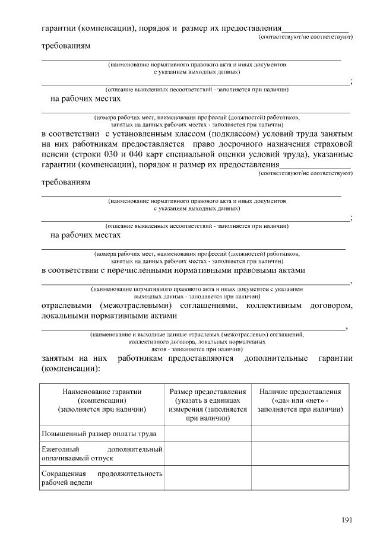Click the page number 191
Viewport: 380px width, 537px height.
click(347, 520)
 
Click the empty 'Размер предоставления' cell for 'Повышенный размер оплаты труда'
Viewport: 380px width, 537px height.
click(208, 435)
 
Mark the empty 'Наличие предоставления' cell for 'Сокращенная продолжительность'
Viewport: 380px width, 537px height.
click(300, 478)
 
